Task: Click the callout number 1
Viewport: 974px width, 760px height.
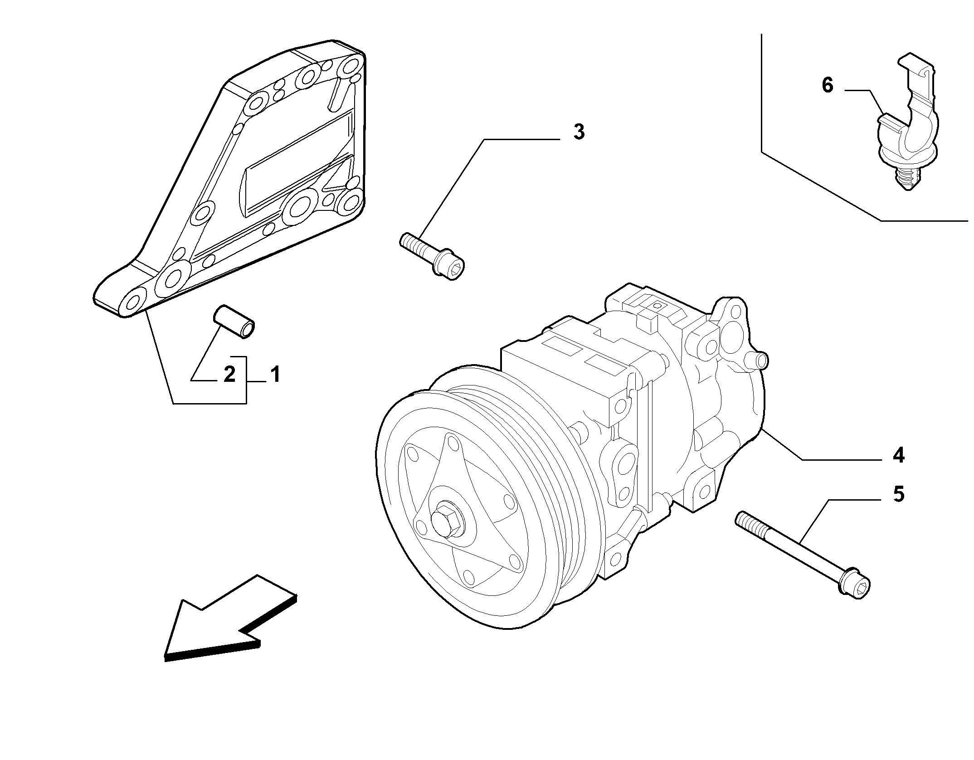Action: point(275,375)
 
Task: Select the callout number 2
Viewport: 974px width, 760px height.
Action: point(229,375)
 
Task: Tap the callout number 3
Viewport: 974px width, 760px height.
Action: point(579,132)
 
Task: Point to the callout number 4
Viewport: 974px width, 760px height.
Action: point(898,455)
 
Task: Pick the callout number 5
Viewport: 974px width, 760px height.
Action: point(898,494)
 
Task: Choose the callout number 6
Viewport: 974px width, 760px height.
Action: point(828,86)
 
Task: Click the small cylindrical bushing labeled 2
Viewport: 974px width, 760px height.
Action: point(234,322)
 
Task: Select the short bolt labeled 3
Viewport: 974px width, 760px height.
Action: point(433,257)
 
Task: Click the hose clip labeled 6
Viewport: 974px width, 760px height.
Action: point(907,122)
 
